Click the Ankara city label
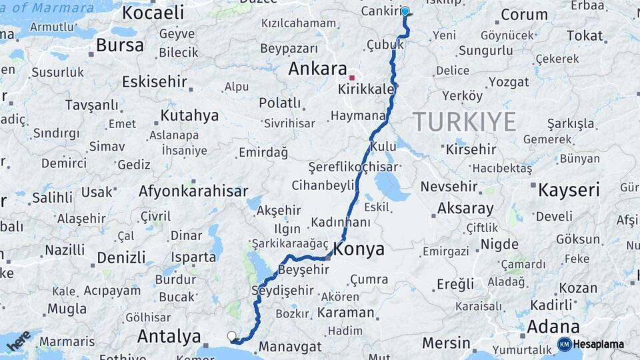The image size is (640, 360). point(317,69)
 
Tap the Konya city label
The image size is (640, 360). point(358,249)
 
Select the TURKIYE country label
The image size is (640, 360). point(465,122)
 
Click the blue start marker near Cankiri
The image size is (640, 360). point(405,11)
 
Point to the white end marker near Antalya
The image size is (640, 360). point(231,337)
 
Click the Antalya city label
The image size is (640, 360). point(169,337)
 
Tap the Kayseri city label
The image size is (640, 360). point(569,190)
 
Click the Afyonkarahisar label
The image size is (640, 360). point(193,191)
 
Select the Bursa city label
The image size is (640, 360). point(119,45)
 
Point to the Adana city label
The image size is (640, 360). point(553,327)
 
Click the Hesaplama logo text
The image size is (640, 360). point(599,344)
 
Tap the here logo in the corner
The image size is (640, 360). point(19,341)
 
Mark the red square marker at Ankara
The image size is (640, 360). point(352,77)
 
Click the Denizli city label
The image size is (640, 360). point(121,257)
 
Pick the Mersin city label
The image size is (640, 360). point(446,343)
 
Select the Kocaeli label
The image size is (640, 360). point(153,12)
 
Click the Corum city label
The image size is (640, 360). point(524,15)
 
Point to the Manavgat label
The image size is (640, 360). point(290,347)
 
